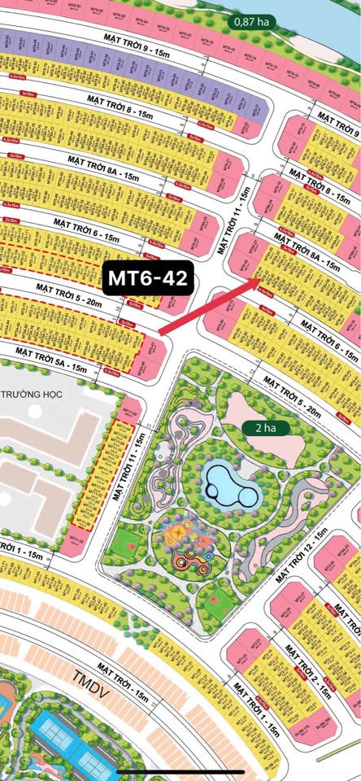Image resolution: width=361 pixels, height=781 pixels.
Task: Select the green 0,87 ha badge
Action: pos(255,23)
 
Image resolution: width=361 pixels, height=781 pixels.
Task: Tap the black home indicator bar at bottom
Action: pos(180,770)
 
